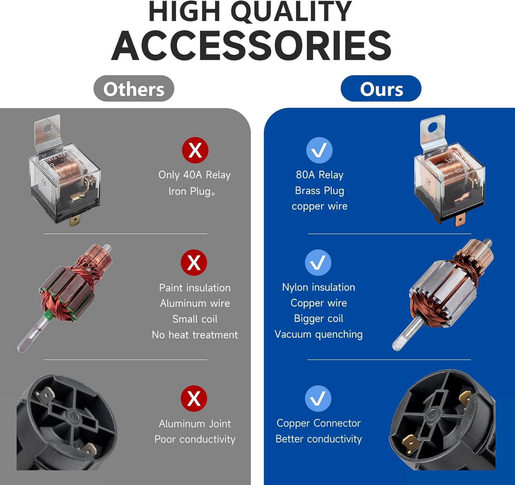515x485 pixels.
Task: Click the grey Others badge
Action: (x=134, y=89)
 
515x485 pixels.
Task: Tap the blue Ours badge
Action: (x=381, y=89)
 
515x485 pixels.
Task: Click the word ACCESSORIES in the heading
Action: (x=251, y=46)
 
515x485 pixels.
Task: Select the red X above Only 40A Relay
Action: (x=195, y=150)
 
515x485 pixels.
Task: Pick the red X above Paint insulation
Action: (x=194, y=263)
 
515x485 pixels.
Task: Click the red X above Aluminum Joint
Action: (x=194, y=398)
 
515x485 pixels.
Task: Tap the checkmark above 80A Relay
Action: (x=319, y=150)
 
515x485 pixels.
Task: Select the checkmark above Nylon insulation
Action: (x=318, y=263)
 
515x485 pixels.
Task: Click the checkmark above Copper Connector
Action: (x=318, y=398)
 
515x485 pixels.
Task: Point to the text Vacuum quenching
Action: (x=318, y=335)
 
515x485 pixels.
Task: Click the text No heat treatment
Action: (x=195, y=335)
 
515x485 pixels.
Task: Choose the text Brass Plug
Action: (x=320, y=191)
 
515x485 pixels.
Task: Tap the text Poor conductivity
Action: (x=195, y=439)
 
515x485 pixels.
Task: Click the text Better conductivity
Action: (x=318, y=439)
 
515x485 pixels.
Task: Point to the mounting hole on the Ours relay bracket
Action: (x=433, y=127)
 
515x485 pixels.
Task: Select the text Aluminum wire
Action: (x=195, y=303)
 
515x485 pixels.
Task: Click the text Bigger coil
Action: (x=318, y=319)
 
